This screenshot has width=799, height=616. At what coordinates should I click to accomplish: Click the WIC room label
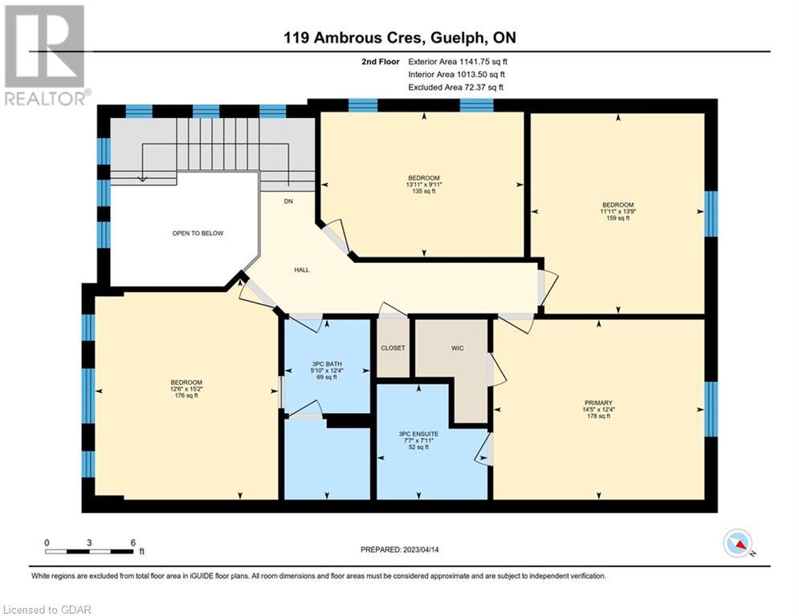pos(457,348)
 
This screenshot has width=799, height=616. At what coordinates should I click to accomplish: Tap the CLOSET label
pos(393,348)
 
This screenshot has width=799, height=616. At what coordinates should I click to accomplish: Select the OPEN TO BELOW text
pos(198,233)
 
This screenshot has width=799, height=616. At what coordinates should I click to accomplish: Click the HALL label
pos(302,269)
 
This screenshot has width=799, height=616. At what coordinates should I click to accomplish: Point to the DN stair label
pos(288,201)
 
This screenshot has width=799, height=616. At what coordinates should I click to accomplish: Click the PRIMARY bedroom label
pos(598,403)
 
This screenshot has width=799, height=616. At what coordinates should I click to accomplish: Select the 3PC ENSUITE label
pos(418,434)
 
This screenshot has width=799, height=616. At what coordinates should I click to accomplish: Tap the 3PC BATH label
pos(327,364)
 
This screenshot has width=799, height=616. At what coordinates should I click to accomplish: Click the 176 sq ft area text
pos(186,395)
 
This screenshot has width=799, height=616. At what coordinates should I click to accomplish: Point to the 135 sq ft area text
pos(424,192)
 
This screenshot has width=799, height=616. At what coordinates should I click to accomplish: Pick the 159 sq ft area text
pos(618,218)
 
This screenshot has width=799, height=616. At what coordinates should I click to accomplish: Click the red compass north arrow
pos(741,545)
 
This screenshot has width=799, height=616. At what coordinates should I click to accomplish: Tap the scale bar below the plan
pos(89,551)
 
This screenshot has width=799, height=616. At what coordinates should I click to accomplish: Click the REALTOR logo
pos(45,55)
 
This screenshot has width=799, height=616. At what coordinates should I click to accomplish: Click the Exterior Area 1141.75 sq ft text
pos(458,62)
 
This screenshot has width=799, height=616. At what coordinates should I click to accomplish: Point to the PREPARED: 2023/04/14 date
pos(400,549)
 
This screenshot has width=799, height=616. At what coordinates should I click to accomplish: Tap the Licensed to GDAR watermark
pos(47,610)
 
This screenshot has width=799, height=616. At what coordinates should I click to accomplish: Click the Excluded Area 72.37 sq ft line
pos(455,87)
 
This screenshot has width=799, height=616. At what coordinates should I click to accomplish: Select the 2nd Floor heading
pos(381,62)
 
